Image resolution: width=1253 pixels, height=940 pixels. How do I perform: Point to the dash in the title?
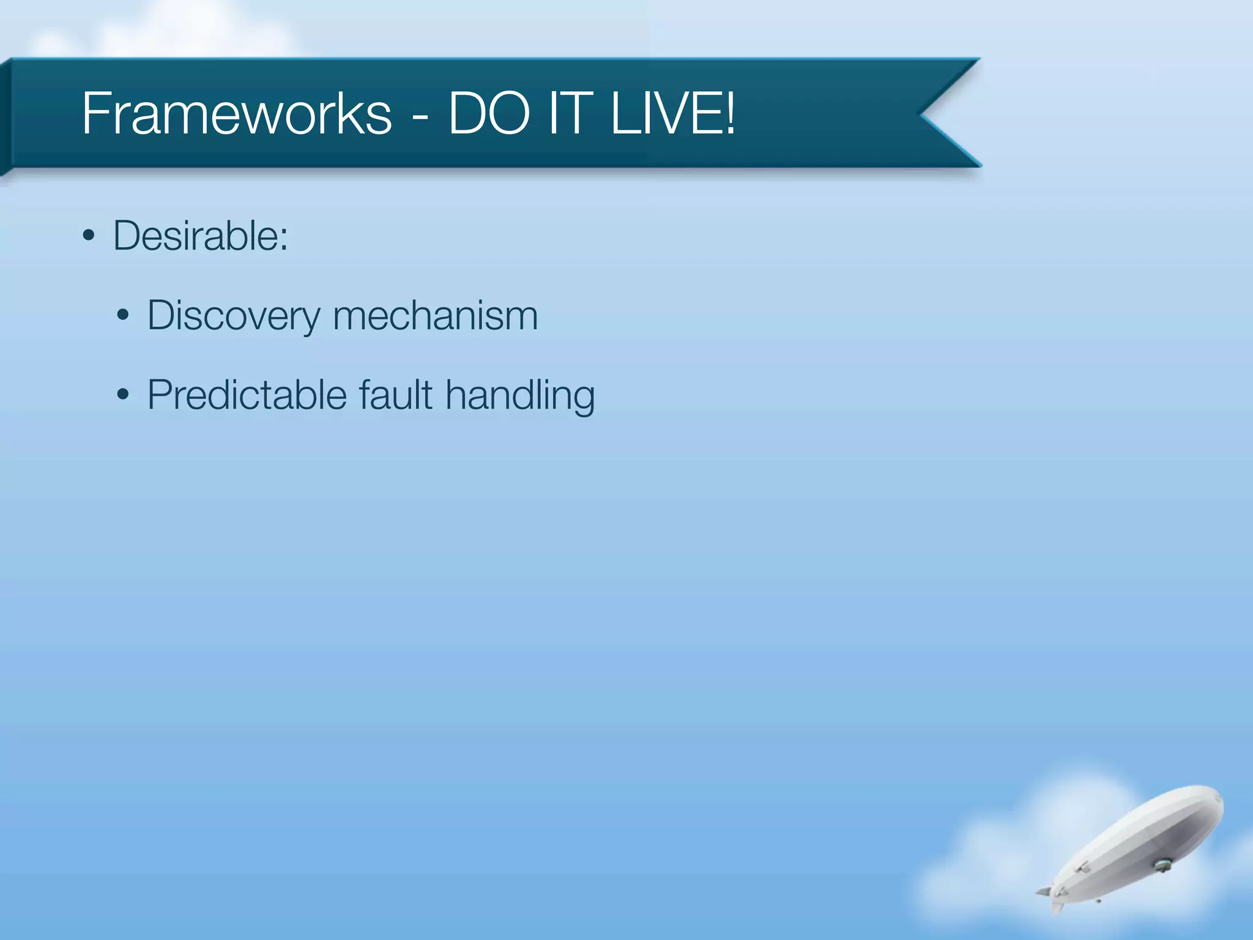coord(420,116)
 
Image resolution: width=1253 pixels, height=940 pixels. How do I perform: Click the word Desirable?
coord(196,236)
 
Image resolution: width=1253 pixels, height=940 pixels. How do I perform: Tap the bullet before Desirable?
coord(89,236)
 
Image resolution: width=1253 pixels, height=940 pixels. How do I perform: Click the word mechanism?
coord(435,316)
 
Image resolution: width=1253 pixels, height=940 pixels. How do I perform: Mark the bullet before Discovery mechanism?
coord(123,316)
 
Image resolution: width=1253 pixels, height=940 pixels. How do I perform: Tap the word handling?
coord(520,396)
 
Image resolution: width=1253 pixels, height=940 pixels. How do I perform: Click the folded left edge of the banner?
coord(6,116)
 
